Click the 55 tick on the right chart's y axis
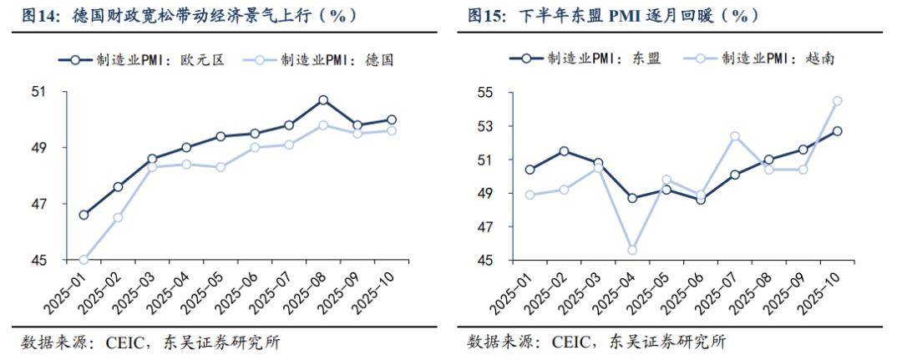point(484,92)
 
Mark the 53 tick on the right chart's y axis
point(484,126)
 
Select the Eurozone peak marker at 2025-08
point(323,100)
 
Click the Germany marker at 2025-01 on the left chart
point(84,260)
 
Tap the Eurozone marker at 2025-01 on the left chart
point(84,215)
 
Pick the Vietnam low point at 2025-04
point(633,250)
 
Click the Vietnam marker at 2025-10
point(838,101)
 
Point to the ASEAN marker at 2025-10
point(838,131)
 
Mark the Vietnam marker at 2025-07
point(735,136)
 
